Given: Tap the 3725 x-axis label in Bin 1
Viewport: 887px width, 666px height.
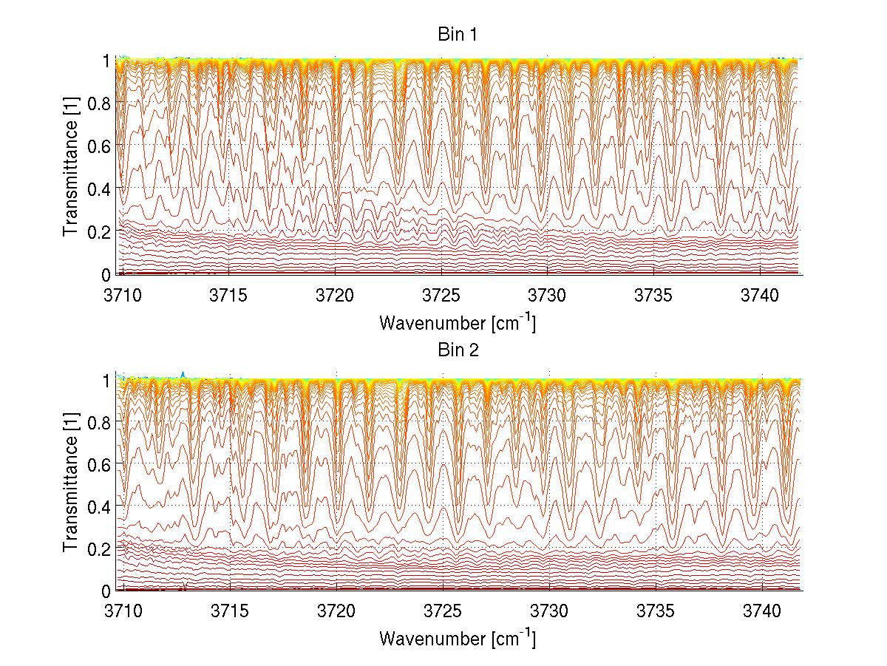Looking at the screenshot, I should click(x=442, y=295).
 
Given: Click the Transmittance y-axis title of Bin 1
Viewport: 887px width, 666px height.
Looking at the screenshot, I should click(x=71, y=167).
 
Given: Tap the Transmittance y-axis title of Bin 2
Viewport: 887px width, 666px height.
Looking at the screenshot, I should click(x=71, y=484).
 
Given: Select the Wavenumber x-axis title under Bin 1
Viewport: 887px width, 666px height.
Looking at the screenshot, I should click(x=457, y=322).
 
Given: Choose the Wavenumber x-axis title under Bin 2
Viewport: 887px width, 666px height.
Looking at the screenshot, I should click(x=457, y=638).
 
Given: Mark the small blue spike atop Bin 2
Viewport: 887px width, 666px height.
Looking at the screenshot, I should click(x=183, y=374).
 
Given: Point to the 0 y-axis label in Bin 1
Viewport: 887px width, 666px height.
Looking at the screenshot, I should click(x=106, y=274).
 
